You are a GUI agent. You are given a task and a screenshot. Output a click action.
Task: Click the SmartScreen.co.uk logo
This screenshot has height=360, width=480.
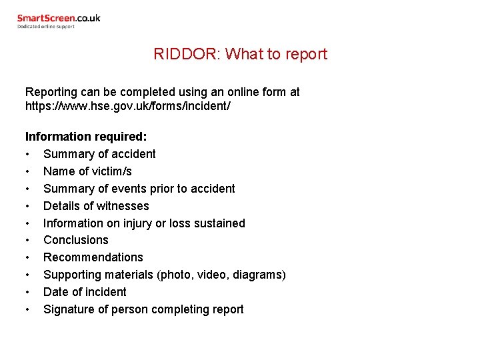click(x=59, y=19)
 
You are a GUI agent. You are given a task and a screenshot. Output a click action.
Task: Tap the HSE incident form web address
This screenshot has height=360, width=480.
click(x=128, y=106)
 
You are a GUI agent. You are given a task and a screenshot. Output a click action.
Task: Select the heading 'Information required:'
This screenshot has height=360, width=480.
click(x=86, y=137)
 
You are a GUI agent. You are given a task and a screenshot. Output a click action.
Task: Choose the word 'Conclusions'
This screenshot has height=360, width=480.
click(x=75, y=240)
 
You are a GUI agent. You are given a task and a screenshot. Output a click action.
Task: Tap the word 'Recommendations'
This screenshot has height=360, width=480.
click(x=93, y=257)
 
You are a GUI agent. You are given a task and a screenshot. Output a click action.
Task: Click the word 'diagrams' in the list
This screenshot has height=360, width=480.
click(x=259, y=275)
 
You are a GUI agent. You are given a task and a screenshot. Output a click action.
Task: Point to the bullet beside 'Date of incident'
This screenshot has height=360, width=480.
click(x=28, y=292)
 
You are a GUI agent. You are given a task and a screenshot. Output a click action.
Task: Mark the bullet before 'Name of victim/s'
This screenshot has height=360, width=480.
click(x=28, y=171)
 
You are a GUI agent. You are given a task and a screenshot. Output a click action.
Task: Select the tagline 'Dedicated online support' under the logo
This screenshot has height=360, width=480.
click(x=46, y=27)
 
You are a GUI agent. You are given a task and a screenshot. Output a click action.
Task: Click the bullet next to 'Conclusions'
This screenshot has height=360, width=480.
click(x=28, y=240)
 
